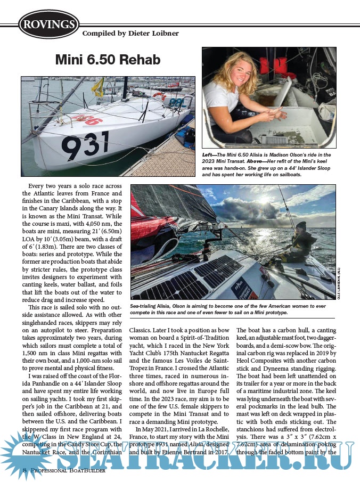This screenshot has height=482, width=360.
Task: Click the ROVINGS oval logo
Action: point(48,24)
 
